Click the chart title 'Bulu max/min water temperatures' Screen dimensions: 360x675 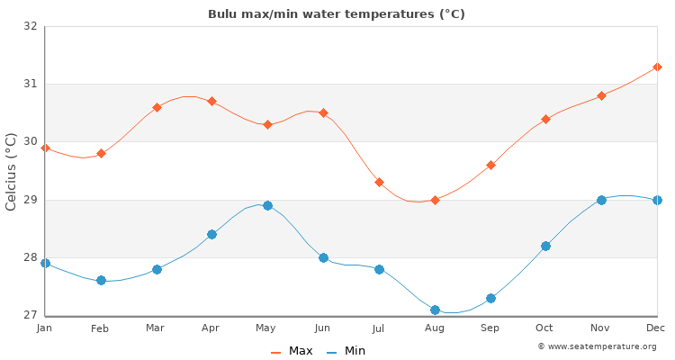pos(337,14)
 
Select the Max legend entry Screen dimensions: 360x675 pos(292,351)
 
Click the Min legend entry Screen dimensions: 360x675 pos(347,351)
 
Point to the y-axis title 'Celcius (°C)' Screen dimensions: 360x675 pos(12,171)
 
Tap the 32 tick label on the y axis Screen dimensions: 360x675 pos(30,26)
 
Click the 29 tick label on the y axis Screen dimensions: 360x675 pos(30,200)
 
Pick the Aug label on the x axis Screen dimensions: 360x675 pos(435,329)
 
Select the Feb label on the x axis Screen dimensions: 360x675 pos(100,329)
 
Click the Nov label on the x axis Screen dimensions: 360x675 pos(601,329)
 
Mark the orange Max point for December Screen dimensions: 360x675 pos(657,67)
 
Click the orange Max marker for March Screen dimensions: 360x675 pos(157,107)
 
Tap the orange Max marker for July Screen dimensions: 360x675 pos(379,183)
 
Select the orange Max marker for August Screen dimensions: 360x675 pos(435,200)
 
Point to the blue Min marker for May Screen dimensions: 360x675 pos(267,205)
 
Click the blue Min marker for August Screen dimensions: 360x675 pos(435,310)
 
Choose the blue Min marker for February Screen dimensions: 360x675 pos(101,280)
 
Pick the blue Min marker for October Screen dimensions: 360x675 pos(545,246)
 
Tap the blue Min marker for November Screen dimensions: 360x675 pos(601,200)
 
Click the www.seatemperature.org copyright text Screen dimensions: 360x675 pos(597,346)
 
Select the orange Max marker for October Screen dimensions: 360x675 pos(545,119)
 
